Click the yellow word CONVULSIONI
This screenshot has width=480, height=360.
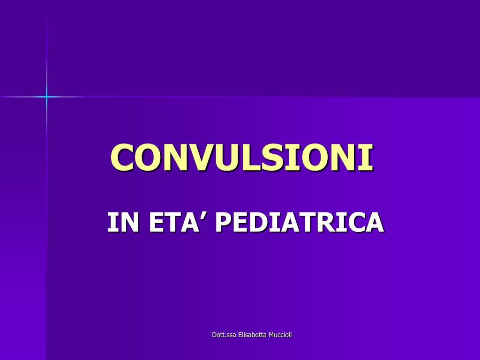pos(242,157)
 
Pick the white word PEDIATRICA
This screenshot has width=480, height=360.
pos(300,222)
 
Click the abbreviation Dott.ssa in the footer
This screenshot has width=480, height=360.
pos(222,334)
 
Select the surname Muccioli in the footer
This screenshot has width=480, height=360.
pos(280,334)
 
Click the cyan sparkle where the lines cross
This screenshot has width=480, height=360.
pos(46,97)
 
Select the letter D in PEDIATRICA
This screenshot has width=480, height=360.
pos(257,222)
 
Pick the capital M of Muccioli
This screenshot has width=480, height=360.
pos(271,334)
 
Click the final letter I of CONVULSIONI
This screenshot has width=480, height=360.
pos(368,157)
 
